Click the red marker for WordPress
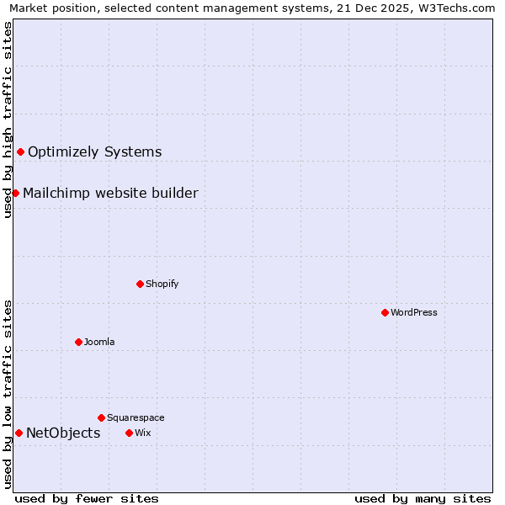tap(385, 312)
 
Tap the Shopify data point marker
tap(140, 284)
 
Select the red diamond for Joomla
tap(78, 342)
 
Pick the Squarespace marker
tap(101, 417)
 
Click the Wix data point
tap(129, 433)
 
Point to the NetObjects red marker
tap(19, 433)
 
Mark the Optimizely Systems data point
tap(20, 151)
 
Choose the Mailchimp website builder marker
tap(15, 193)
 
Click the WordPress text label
tap(414, 312)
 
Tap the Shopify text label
tap(162, 284)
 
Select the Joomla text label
tap(99, 342)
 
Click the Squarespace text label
tap(136, 417)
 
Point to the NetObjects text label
tap(63, 433)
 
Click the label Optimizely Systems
tap(94, 151)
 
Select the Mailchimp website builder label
tap(110, 193)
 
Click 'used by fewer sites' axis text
tap(87, 498)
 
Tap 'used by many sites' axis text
tap(423, 498)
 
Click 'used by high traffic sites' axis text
tap(8, 120)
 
